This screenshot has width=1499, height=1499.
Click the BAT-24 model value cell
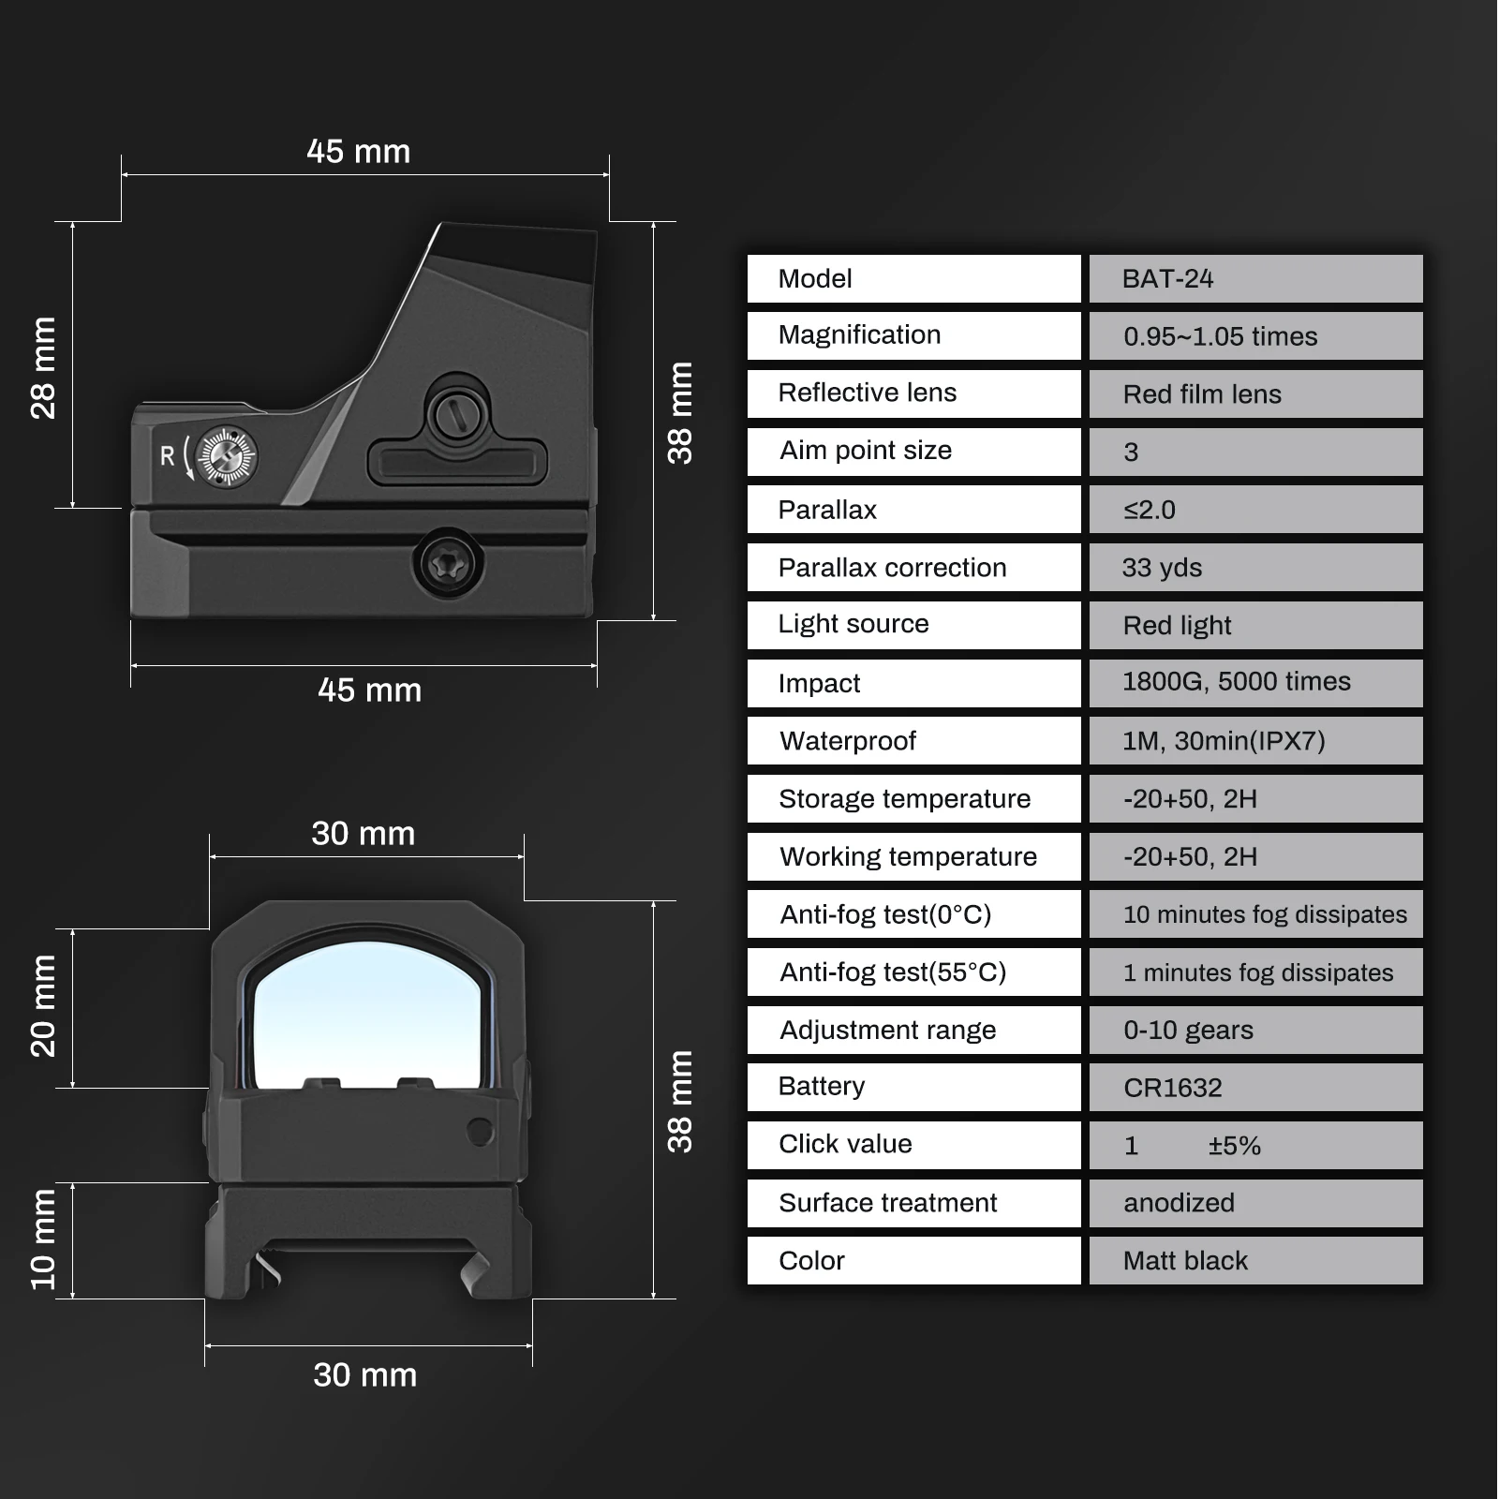click(1255, 279)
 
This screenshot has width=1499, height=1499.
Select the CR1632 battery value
click(1255, 1088)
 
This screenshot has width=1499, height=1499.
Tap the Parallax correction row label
click(913, 568)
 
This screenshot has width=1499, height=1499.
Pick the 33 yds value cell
click(1255, 568)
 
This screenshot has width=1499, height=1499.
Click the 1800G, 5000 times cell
click(1255, 683)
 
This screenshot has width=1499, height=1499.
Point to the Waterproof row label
click(913, 741)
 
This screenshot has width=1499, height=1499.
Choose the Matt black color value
click(1255, 1261)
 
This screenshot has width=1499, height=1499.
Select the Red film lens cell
click(1255, 394)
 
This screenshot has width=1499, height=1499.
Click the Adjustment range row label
click(913, 1031)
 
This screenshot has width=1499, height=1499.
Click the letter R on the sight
click(168, 456)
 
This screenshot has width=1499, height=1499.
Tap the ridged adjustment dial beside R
click(227, 456)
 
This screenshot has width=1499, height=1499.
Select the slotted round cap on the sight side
click(457, 412)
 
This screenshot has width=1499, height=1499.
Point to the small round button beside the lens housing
click(480, 1132)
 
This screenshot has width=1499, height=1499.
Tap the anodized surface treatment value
click(1255, 1203)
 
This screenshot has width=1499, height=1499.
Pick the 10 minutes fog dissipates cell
click(1255, 914)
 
